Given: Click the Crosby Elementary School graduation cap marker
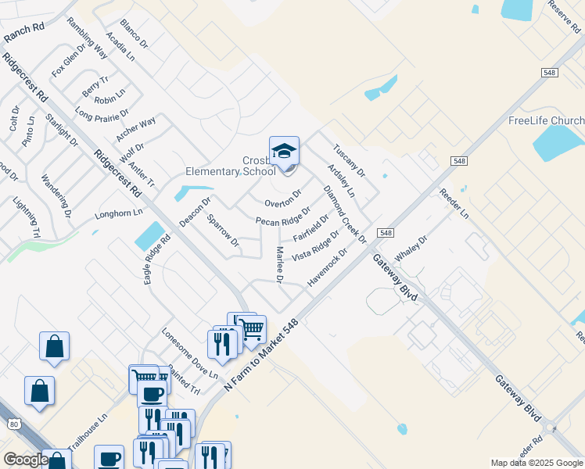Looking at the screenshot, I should click(284, 151).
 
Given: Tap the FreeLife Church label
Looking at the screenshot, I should click(546, 120).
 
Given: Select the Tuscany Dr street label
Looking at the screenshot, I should click(349, 160).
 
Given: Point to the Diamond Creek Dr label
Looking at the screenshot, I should click(345, 214).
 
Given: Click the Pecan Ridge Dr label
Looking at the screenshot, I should click(283, 217).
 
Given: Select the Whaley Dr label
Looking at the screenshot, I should click(411, 251).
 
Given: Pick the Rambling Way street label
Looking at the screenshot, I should click(88, 38).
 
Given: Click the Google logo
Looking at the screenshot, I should click(25, 460).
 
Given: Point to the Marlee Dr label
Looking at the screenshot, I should click(278, 265).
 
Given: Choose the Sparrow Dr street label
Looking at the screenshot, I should click(223, 231).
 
